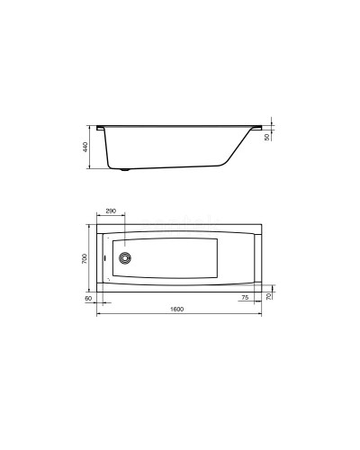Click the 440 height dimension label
(85, 148)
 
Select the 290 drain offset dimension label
(111, 211)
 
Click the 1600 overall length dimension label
(177, 310)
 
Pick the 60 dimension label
(89, 296)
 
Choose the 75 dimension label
(245, 296)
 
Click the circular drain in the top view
(124, 257)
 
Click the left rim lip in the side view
(101, 126)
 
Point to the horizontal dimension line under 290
(111, 217)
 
